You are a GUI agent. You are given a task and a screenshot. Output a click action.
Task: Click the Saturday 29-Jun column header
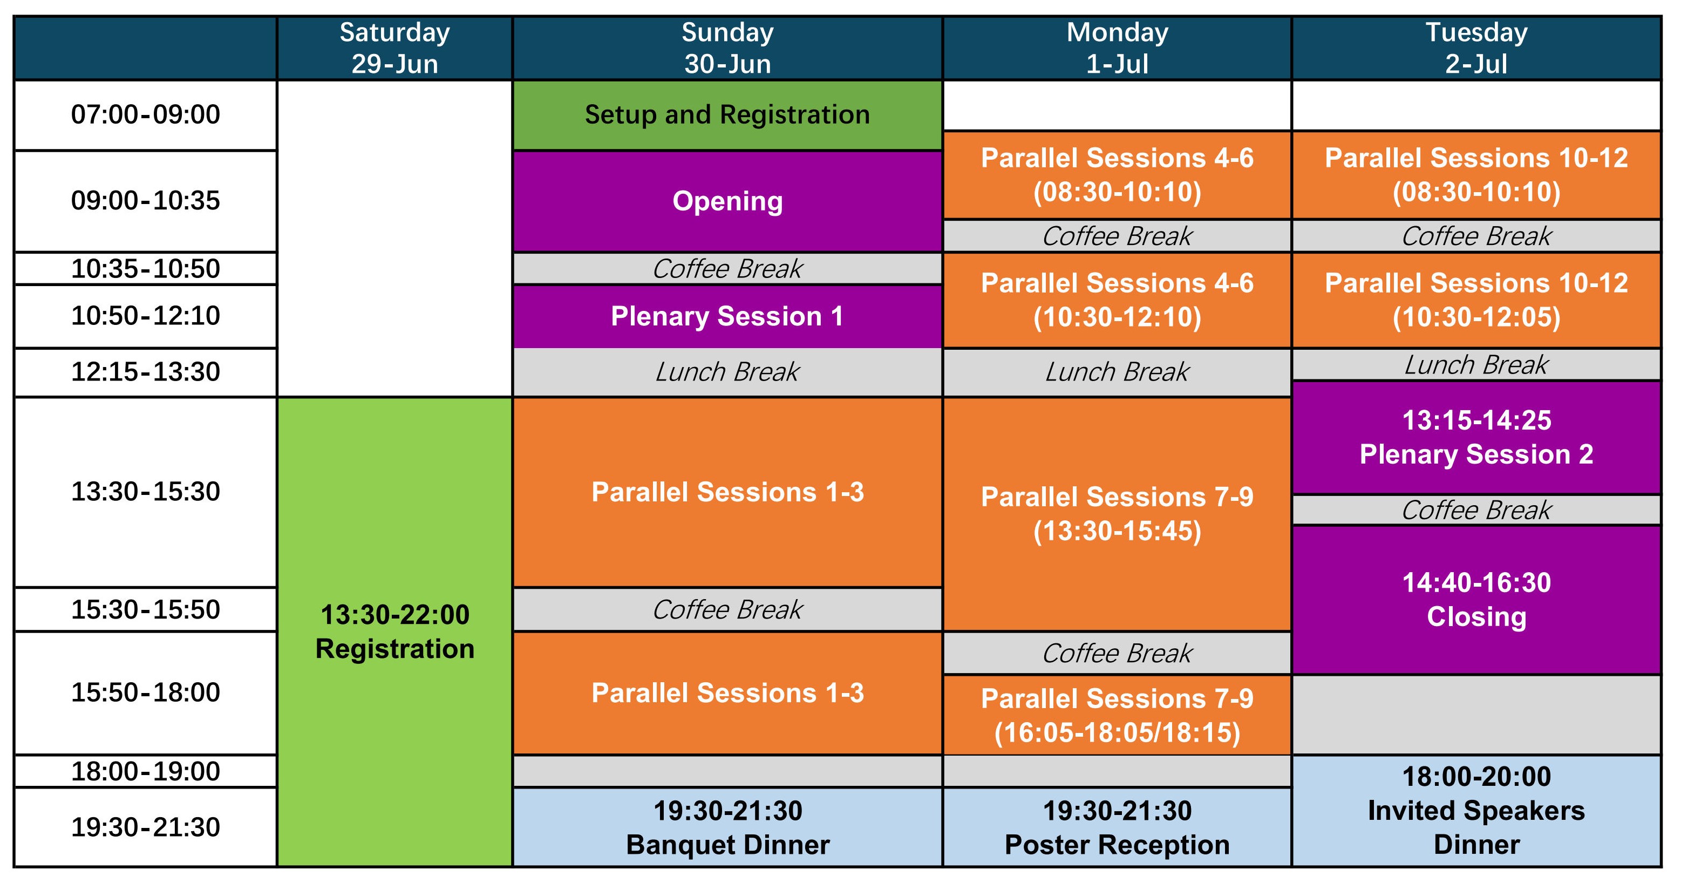coord(395,48)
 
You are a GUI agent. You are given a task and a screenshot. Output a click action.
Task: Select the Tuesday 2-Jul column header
coord(1476,48)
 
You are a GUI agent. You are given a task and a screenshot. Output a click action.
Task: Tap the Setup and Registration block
coord(727,115)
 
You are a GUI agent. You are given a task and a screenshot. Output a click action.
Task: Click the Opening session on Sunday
coord(727,201)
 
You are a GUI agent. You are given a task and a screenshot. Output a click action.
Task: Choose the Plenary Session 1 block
coord(727,316)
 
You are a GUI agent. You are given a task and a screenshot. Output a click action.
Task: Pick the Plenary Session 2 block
coord(1476,437)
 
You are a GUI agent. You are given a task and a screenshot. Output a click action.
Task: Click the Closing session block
coord(1476,600)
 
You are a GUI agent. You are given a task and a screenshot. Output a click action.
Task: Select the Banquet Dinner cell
coord(727,827)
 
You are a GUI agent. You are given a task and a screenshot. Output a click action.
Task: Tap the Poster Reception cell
coord(1117,827)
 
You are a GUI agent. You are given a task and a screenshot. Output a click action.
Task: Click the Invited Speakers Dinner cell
coord(1476,811)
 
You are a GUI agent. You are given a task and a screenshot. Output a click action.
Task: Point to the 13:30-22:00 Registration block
coord(395,631)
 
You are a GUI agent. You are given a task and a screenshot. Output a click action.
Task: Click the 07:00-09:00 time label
coord(146,115)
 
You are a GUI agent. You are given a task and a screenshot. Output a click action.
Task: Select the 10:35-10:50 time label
coord(146,268)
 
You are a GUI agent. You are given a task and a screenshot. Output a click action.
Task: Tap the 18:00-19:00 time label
coord(146,771)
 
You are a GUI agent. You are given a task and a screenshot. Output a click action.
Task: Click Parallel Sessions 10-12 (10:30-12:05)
coord(1476,300)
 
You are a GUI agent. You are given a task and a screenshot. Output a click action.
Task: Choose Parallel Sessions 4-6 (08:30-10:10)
coord(1117,175)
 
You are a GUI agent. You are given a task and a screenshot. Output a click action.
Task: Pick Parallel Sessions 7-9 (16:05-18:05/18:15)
coord(1117,715)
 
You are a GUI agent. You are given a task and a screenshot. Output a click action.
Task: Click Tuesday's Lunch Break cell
coord(1476,365)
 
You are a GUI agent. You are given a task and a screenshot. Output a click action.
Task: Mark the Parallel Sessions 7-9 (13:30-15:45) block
coord(1117,514)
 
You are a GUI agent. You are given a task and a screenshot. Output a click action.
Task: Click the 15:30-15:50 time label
coord(146,609)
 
